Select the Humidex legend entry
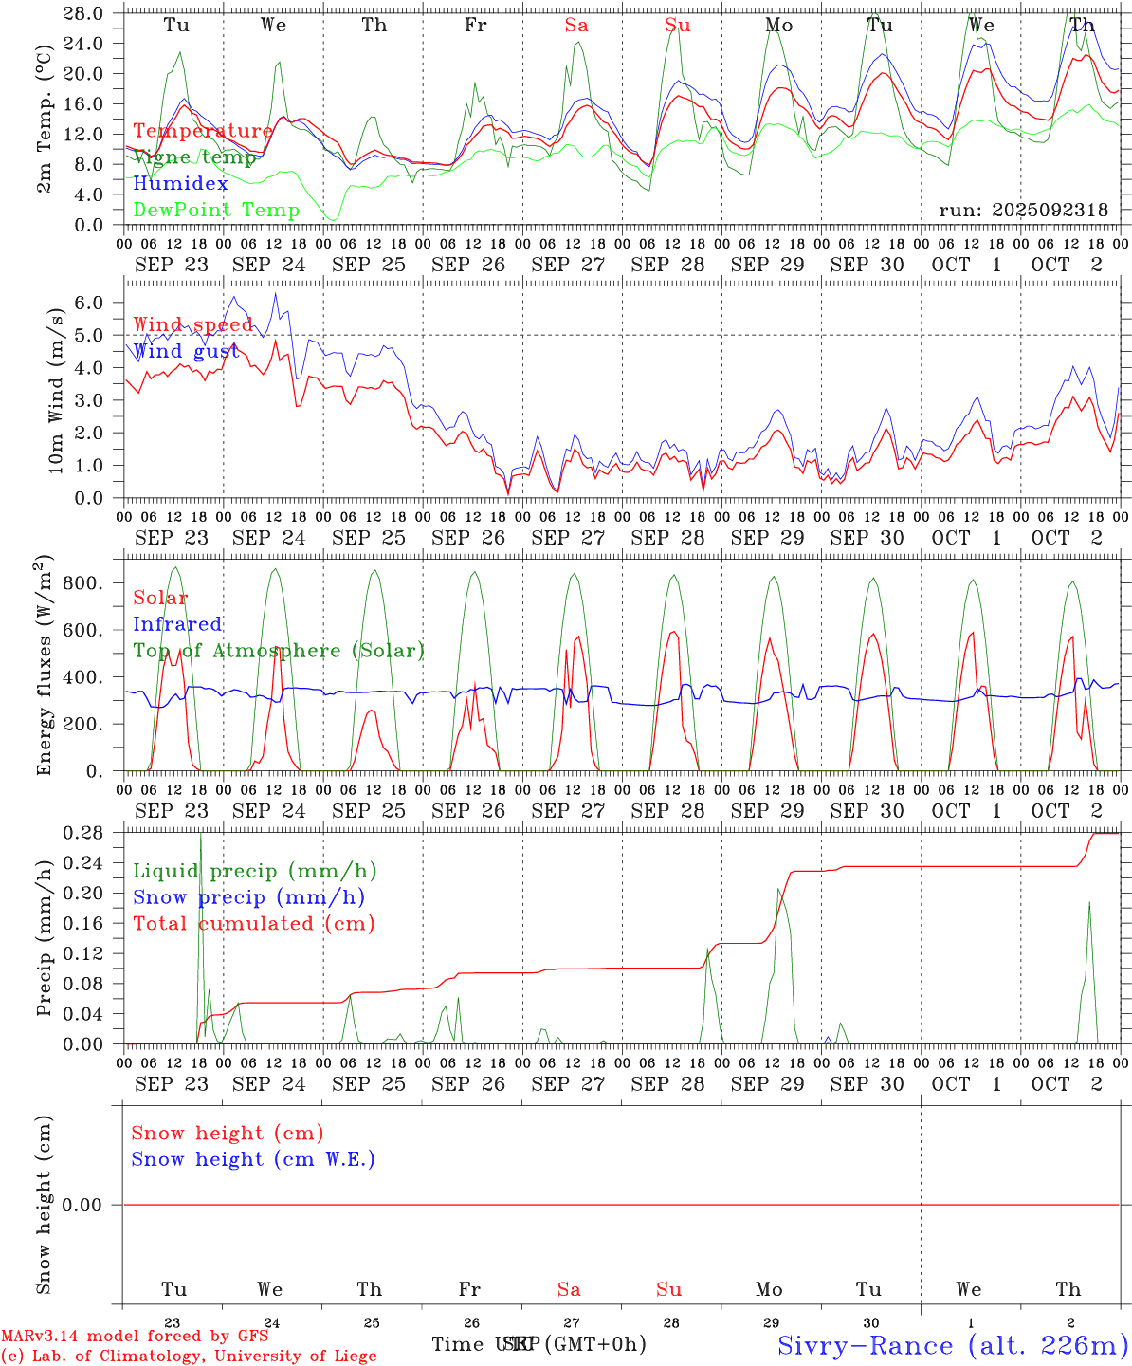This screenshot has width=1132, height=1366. [180, 184]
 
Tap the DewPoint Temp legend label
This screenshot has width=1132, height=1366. [216, 211]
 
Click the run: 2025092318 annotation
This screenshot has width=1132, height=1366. [1023, 211]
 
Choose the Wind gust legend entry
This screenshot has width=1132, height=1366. [186, 351]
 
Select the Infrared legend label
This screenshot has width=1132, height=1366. [177, 624]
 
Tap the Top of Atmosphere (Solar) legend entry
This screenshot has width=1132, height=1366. [278, 651]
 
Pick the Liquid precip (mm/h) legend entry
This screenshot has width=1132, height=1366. [254, 871]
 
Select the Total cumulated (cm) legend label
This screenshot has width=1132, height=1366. [253, 924]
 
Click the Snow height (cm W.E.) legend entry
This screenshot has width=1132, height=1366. [252, 1159]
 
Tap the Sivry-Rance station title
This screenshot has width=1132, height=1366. [952, 1345]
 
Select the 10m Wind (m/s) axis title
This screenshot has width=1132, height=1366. [56, 392]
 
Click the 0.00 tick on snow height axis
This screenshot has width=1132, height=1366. [82, 1205]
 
